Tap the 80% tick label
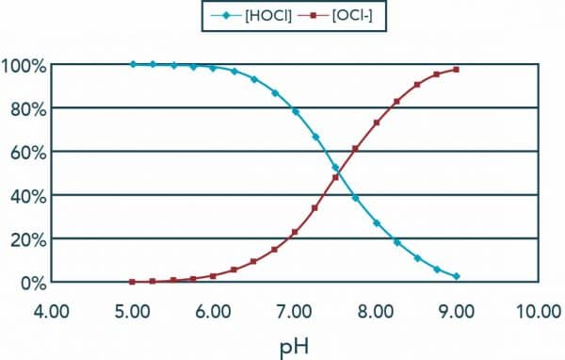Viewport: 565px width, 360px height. pyautogui.click(x=26, y=109)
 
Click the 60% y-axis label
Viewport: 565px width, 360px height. pyautogui.click(x=26, y=153)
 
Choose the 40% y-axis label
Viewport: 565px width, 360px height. pyautogui.click(x=26, y=196)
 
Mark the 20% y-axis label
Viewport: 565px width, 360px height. pyautogui.click(x=26, y=239)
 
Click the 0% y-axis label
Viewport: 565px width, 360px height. pyautogui.click(x=30, y=283)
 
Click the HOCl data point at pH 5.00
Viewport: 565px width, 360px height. pyautogui.click(x=133, y=64)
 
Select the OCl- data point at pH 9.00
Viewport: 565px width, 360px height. pyautogui.click(x=457, y=70)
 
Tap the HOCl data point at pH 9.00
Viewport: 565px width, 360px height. pyautogui.click(x=457, y=276)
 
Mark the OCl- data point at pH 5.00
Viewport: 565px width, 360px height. pyautogui.click(x=133, y=282)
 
